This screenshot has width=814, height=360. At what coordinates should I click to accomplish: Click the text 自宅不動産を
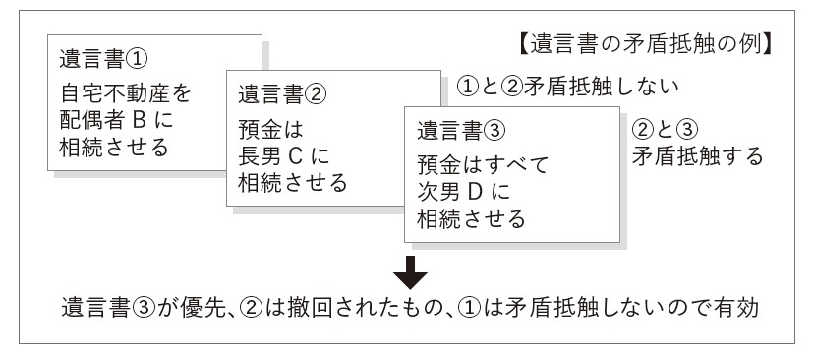pos(123,96)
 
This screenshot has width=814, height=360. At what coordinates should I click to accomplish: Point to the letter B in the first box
pos(145,123)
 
